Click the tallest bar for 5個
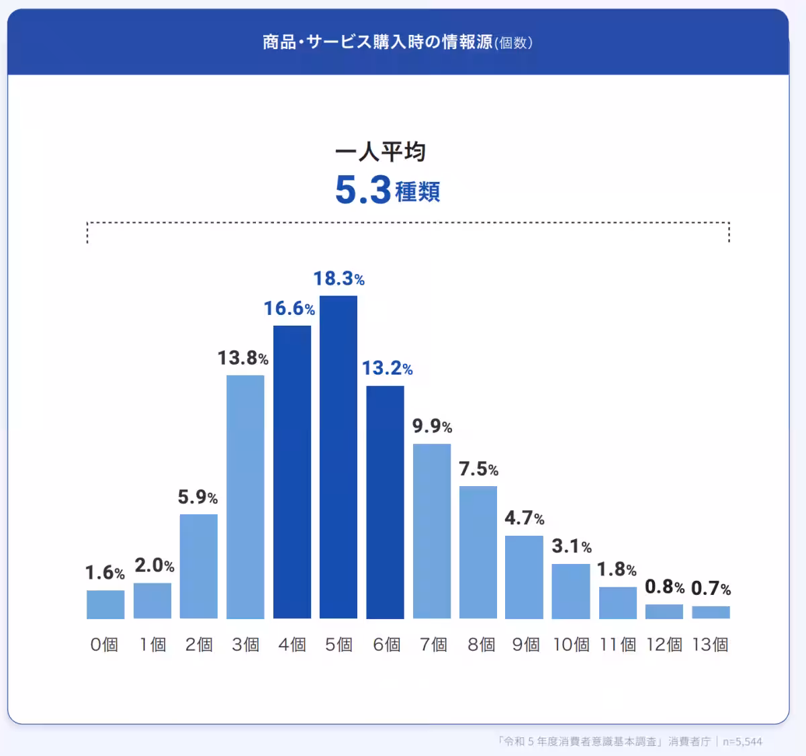(x=339, y=457)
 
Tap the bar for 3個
(x=245, y=496)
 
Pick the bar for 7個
(x=432, y=530)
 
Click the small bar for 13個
(x=711, y=612)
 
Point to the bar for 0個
(x=105, y=604)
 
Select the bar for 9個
(x=524, y=577)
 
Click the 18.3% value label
(x=339, y=279)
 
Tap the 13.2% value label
(x=387, y=368)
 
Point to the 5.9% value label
(x=197, y=497)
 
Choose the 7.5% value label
(x=478, y=469)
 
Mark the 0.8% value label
(x=664, y=587)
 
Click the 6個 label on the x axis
(x=386, y=645)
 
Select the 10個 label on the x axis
(x=571, y=645)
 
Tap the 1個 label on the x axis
(x=152, y=645)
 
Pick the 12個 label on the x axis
(x=664, y=645)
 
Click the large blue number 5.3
(x=363, y=190)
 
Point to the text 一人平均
(x=380, y=152)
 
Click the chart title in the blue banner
(x=398, y=42)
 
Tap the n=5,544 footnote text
(x=742, y=741)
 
